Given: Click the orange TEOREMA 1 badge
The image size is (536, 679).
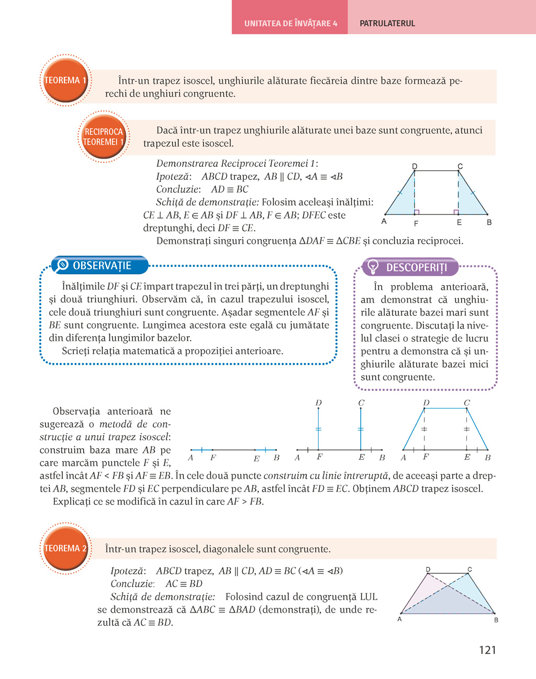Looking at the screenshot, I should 65,81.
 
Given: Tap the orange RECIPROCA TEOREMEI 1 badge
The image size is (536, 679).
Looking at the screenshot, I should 104,137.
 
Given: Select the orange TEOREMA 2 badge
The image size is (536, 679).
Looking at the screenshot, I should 65,548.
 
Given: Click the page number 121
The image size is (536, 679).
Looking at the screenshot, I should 487,650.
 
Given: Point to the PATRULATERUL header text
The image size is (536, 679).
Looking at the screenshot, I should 387,24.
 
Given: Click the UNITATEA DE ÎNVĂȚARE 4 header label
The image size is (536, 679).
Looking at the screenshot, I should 291,24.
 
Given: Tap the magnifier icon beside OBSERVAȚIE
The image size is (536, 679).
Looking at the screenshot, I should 62,265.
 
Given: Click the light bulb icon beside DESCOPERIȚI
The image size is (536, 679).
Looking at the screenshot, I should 373,267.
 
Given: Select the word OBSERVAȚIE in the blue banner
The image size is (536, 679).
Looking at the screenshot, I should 102,266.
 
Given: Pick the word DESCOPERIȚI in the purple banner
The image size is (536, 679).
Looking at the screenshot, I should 417,268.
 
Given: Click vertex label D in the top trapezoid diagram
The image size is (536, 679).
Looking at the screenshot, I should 415,166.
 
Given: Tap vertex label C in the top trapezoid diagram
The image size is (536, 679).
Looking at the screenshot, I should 460,166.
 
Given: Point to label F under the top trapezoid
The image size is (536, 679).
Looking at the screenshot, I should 416,223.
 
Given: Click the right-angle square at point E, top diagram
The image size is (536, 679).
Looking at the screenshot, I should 456,212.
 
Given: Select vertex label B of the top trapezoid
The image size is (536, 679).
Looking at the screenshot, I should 489,222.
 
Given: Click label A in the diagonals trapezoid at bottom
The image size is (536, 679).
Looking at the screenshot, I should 399,619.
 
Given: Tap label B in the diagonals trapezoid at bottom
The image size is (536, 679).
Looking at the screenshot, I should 496,620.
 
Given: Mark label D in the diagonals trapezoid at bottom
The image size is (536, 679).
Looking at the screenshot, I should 428,569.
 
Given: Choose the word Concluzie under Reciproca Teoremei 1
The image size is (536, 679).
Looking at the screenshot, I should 178,189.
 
